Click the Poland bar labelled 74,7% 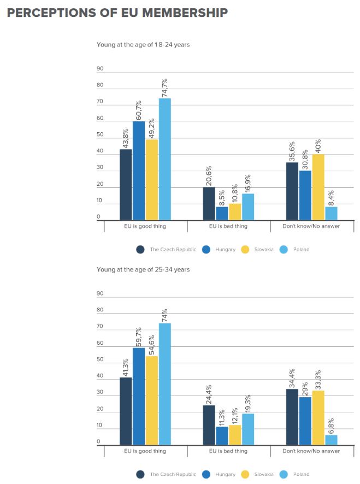tap(165, 160)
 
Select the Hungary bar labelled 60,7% tap(139, 171)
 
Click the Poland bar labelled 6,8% tap(331, 440)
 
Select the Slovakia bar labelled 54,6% tap(152, 400)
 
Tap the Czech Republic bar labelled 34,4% tap(292, 417)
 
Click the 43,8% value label tap(125, 135)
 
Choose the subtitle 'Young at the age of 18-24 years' tap(143, 44)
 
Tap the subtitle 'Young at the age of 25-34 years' tap(143, 269)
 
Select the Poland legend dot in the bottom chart tap(284, 474)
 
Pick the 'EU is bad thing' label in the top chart tap(229, 226)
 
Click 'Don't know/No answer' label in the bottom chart tap(311, 451)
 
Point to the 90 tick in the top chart tap(100, 68)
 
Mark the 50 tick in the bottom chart tap(100, 360)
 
